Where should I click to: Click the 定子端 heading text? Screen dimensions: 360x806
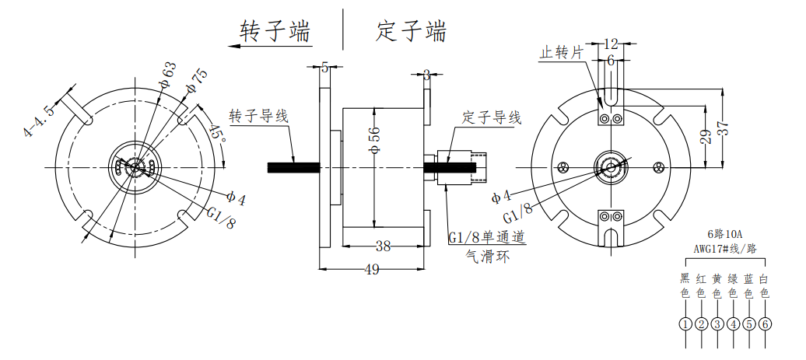click(x=412, y=32)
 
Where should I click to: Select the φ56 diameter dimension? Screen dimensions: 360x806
click(x=374, y=142)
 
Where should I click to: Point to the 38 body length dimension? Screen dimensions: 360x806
click(x=383, y=246)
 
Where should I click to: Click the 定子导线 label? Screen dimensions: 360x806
click(x=492, y=118)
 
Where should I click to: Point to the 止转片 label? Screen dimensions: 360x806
click(x=562, y=53)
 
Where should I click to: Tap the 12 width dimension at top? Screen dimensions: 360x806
click(x=611, y=44)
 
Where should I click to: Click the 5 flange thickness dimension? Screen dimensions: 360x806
click(x=324, y=68)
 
